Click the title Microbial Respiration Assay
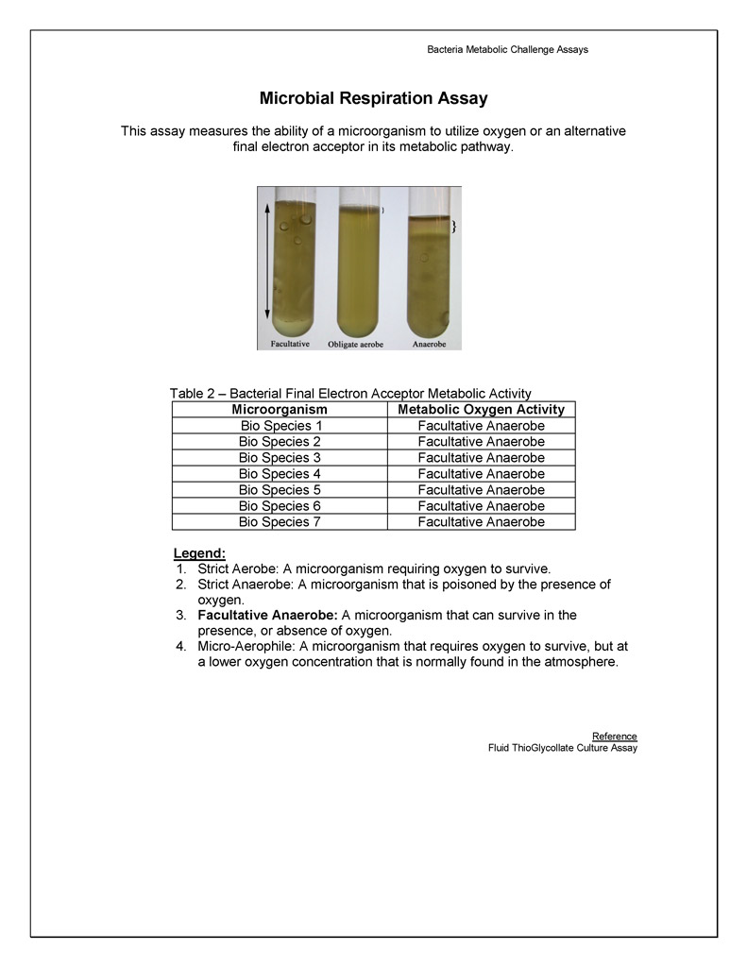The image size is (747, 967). [373, 98]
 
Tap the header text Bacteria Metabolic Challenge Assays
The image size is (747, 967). [507, 49]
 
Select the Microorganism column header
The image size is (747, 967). [280, 410]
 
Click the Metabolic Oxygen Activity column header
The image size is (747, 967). [481, 410]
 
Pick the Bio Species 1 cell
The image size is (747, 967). [280, 426]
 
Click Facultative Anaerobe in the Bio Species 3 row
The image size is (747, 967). [481, 458]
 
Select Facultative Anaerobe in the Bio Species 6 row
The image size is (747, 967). [481, 506]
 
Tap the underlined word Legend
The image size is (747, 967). [199, 552]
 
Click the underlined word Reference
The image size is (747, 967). [614, 737]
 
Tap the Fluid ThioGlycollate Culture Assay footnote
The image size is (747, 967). [562, 748]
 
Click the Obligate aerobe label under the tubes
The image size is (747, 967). [355, 345]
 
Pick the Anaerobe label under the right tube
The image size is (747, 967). [429, 345]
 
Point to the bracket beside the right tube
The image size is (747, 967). [454, 227]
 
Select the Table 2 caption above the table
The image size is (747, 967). [350, 393]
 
